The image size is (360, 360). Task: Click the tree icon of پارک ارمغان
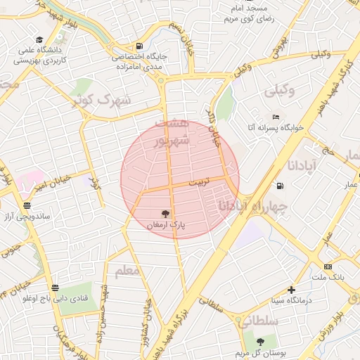[x=166, y=213]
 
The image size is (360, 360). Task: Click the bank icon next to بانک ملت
[x=328, y=266]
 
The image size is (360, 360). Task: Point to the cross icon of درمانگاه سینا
[x=291, y=289]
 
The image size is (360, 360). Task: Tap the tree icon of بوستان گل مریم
[x=260, y=341]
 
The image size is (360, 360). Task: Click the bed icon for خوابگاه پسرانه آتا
[x=276, y=117]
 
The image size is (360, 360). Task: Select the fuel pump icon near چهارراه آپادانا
[x=280, y=186]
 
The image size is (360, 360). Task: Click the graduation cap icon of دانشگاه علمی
[x=40, y=39]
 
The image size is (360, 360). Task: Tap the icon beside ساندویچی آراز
[x=27, y=205]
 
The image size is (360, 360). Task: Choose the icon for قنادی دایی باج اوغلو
[x=55, y=287]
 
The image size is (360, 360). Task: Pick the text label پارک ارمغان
[x=166, y=226]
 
